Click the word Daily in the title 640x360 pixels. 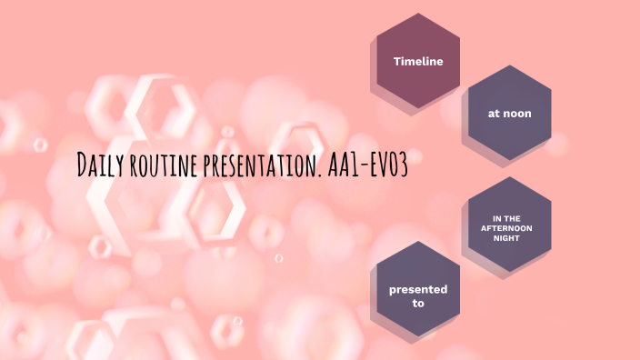(x=100, y=165)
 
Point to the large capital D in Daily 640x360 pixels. (x=83, y=165)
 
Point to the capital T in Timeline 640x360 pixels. (x=396, y=61)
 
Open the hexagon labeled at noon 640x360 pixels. (x=509, y=114)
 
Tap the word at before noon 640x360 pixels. (x=494, y=114)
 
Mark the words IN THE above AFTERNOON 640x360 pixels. (x=509, y=218)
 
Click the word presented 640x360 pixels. (x=418, y=289)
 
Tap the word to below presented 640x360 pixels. (x=418, y=303)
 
